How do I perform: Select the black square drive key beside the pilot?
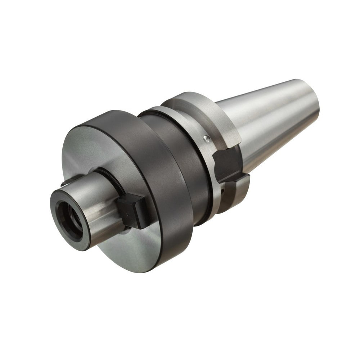point(132,211)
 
